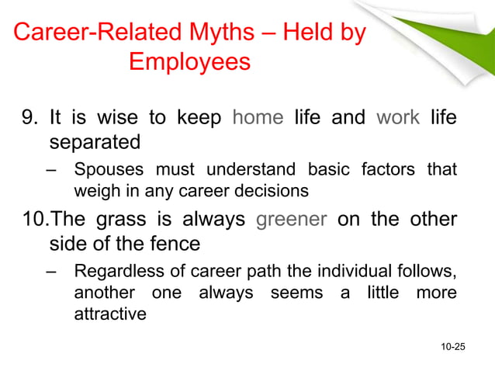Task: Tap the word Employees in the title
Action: click(x=189, y=61)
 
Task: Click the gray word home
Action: click(x=258, y=119)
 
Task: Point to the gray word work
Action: click(x=398, y=119)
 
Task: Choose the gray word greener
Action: click(x=292, y=219)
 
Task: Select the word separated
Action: click(x=95, y=143)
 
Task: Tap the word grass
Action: click(x=121, y=219)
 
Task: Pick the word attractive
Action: click(x=109, y=314)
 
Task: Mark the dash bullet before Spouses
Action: click(x=51, y=169)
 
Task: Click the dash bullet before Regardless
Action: click(x=51, y=271)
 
